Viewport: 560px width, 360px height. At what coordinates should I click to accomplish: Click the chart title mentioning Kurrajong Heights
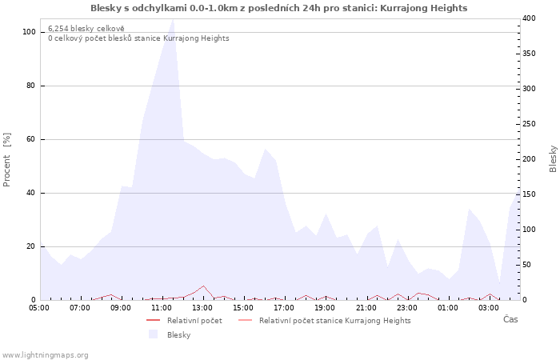pos(278,8)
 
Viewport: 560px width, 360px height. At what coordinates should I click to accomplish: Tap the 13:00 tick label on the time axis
pos(203,308)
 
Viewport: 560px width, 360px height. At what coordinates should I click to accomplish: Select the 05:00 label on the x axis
pos(39,308)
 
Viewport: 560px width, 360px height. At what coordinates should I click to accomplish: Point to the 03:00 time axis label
pos(489,308)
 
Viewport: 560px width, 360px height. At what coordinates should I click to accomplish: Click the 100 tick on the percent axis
pos(29,32)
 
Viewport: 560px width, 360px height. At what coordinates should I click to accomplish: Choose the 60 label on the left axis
pos(30,139)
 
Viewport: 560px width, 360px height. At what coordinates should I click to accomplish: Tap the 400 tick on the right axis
pos(529,18)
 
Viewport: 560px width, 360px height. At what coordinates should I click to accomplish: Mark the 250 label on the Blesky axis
pos(529,124)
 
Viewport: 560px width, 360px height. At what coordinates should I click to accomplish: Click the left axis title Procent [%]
pos(6,160)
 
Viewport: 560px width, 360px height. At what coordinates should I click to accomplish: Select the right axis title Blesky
pos(553,159)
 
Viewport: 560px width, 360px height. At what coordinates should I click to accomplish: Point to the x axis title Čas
pos(510,319)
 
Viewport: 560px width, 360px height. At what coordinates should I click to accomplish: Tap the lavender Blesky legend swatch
pos(154,334)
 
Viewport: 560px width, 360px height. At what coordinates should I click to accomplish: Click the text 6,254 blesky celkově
pos(86,29)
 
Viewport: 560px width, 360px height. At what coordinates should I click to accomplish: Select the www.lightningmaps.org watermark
pos(45,355)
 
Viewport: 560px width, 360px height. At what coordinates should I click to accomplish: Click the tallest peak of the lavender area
pos(174,19)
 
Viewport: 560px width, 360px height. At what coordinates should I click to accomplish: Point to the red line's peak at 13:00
pos(203,286)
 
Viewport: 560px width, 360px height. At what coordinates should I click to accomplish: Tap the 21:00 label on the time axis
pos(366,308)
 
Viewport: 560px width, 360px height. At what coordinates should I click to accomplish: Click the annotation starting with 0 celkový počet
pos(138,38)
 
